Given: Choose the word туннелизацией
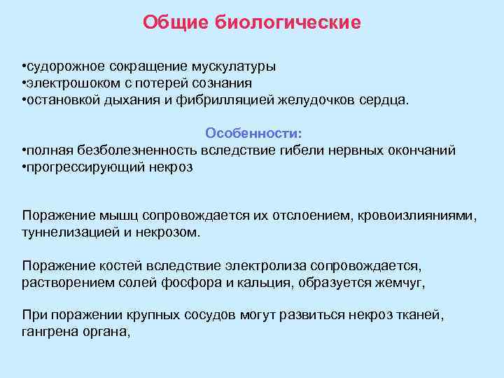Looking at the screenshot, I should click(x=65, y=233).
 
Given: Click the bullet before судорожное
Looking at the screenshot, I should click(x=24, y=66).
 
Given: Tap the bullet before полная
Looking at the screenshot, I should click(x=24, y=150).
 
